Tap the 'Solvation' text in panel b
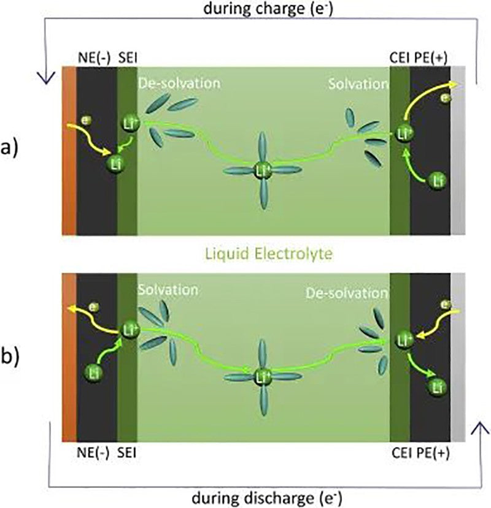[x=168, y=289]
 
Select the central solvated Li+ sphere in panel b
[x=263, y=374]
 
